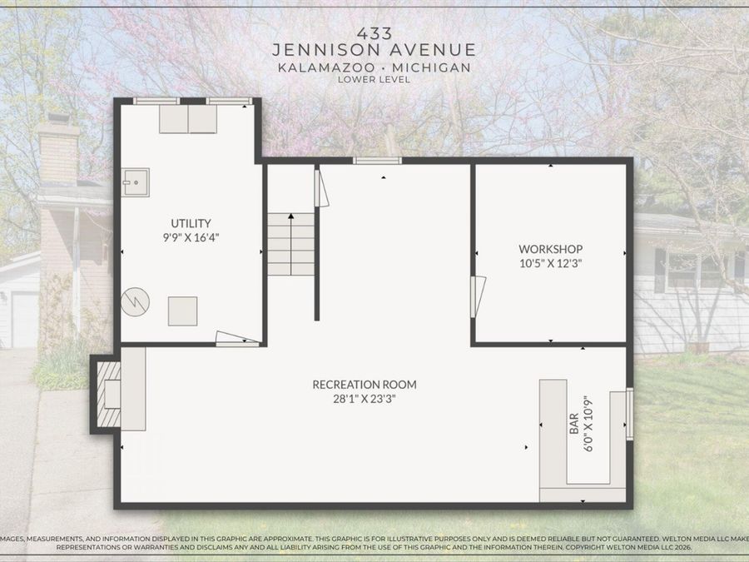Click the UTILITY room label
tap(191, 223)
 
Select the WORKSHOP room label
tap(550, 249)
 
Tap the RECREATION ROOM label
tap(365, 385)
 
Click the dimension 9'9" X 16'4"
tap(191, 237)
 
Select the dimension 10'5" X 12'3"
tap(550, 263)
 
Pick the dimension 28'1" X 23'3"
tap(365, 399)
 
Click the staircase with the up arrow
tap(290, 244)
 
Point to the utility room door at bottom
tap(237, 339)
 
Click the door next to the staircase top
tap(320, 187)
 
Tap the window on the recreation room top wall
tap(377, 160)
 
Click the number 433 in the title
tap(374, 33)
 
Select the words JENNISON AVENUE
tap(374, 50)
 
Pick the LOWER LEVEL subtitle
tap(374, 80)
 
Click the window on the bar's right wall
tap(629, 413)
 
